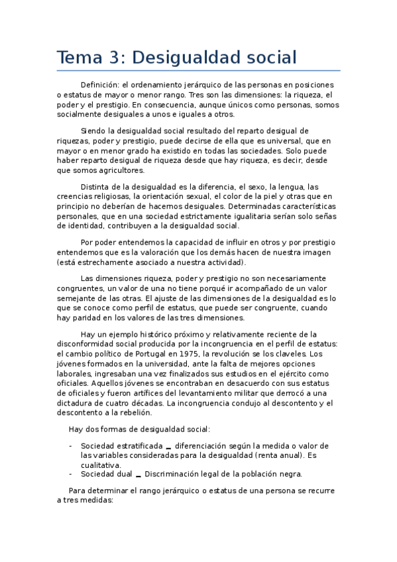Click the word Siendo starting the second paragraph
coord(93,131)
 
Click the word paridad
coord(87,317)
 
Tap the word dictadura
coord(76,402)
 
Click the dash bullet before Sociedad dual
coord(71,474)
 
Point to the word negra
coord(290,474)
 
